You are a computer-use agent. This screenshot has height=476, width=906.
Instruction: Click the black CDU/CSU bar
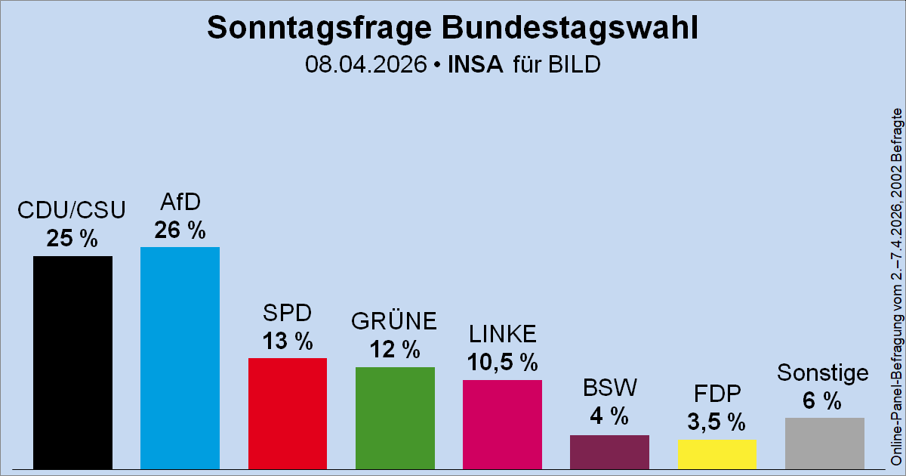[72, 362]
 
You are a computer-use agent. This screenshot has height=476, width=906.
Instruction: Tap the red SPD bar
[287, 413]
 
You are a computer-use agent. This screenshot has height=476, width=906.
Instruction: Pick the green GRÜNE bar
[395, 417]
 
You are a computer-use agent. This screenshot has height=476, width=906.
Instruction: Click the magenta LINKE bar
[502, 424]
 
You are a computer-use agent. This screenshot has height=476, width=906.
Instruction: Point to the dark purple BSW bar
[609, 451]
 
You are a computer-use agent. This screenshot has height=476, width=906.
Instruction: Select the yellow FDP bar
[716, 453]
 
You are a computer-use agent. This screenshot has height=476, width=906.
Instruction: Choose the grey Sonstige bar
[824, 443]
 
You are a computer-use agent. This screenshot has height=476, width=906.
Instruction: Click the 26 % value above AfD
[180, 230]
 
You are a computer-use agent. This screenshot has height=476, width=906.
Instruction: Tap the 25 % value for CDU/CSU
[72, 239]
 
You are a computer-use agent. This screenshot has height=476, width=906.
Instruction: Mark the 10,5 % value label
[502, 363]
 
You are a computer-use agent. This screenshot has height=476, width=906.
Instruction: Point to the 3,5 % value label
[716, 421]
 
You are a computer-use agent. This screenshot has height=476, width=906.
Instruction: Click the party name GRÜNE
[394, 321]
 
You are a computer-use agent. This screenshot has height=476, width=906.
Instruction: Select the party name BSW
[609, 388]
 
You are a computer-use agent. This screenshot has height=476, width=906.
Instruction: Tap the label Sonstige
[823, 372]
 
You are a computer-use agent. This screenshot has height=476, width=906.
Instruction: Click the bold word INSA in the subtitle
[475, 65]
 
